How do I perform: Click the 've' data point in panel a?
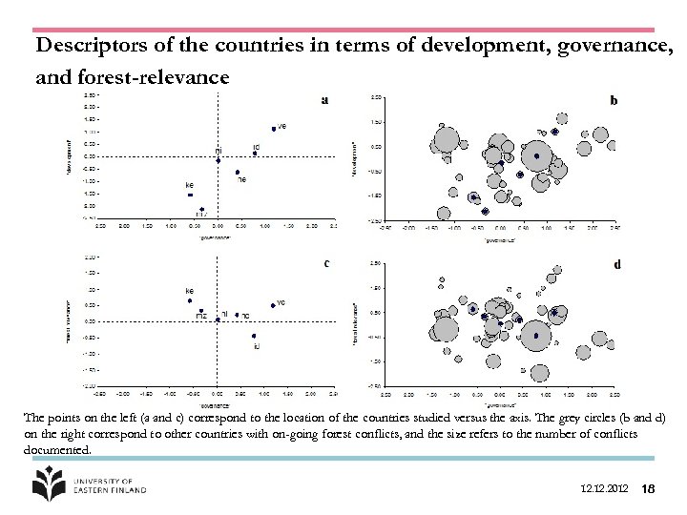(x=274, y=128)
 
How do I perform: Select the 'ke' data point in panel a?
(x=190, y=195)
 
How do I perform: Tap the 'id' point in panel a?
(x=255, y=153)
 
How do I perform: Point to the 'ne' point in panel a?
(x=237, y=173)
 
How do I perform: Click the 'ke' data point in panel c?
(x=190, y=300)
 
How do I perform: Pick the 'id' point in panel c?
(x=253, y=336)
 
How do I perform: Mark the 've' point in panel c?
(x=273, y=305)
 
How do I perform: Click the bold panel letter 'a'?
(x=325, y=99)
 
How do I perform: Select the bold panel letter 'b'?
(x=614, y=99)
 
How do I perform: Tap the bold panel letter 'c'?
(x=326, y=263)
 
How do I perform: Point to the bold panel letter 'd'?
(x=616, y=264)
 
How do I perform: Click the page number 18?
(x=648, y=488)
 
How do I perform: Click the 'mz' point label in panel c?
(x=201, y=316)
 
